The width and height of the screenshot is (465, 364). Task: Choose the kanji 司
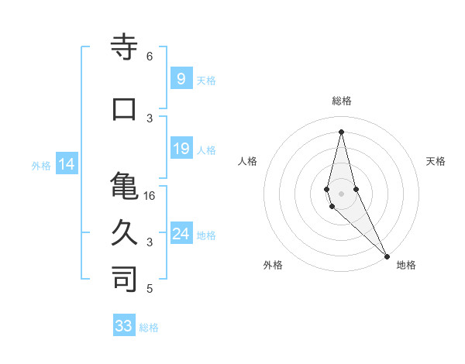tap(125, 279)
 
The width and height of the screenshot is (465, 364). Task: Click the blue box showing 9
tap(181, 78)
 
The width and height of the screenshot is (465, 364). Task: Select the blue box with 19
tap(181, 149)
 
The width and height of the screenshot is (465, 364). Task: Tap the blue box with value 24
tap(181, 234)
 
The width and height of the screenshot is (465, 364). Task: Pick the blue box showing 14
tap(66, 164)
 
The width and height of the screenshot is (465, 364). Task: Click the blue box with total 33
tap(124, 326)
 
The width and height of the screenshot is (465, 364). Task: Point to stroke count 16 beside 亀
tap(150, 196)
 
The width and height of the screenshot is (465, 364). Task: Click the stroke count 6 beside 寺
tap(149, 56)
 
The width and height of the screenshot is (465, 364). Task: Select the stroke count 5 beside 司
tap(149, 289)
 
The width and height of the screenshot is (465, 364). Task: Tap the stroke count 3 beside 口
tap(149, 118)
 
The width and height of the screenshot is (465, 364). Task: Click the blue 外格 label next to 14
tap(41, 165)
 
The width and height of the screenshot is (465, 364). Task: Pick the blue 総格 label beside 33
tap(149, 327)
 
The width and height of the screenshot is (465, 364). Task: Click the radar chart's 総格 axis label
tap(341, 101)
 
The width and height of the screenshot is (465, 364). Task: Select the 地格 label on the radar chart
tap(406, 265)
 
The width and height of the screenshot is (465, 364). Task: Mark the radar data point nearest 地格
tap(386, 255)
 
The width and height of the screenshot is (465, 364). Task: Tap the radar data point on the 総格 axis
tap(341, 131)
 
